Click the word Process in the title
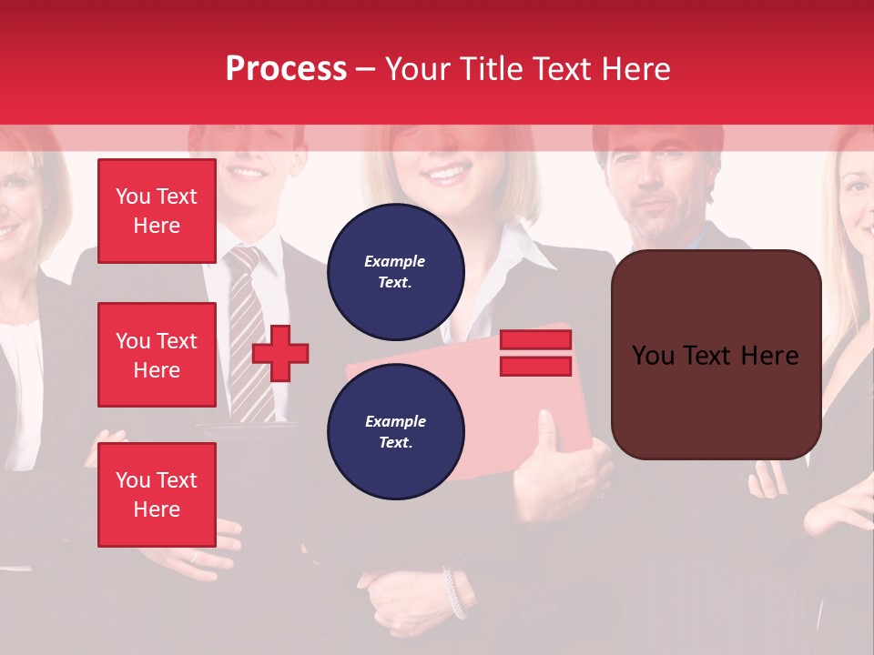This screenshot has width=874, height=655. tap(286, 68)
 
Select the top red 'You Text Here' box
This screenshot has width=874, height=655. tap(157, 211)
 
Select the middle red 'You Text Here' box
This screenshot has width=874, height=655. tap(157, 355)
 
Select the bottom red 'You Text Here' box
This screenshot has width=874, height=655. tap(157, 494)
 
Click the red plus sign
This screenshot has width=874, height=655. tap(280, 353)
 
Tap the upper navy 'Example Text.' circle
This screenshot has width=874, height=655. tap(395, 271)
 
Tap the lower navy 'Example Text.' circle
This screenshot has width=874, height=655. tap(395, 432)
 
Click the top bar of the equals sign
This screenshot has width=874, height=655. tap(535, 340)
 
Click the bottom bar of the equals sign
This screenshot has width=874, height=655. tap(535, 366)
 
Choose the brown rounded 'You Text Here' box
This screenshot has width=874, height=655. tap(716, 355)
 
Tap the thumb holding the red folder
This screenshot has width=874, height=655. tap(546, 432)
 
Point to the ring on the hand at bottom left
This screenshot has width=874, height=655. tap(194, 556)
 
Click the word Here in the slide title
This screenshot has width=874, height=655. tap(632, 68)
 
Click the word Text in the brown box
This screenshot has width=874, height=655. tap(716, 355)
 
